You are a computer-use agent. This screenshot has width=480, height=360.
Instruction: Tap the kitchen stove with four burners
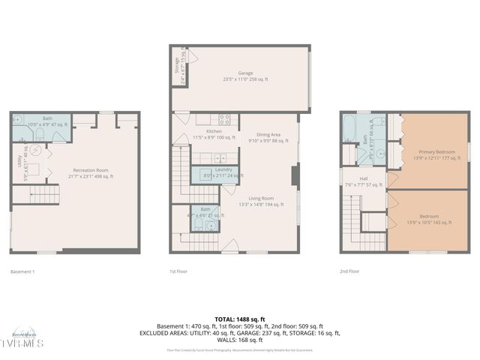pos(223,118)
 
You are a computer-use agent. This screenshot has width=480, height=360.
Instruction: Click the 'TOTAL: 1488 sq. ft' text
pos(240,319)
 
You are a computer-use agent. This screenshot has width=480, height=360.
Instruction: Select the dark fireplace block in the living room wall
pos(295,176)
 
